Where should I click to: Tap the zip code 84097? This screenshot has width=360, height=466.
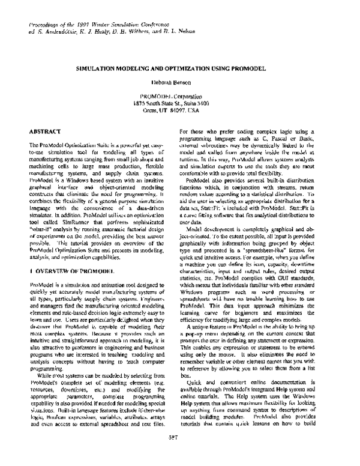click(188, 110)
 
